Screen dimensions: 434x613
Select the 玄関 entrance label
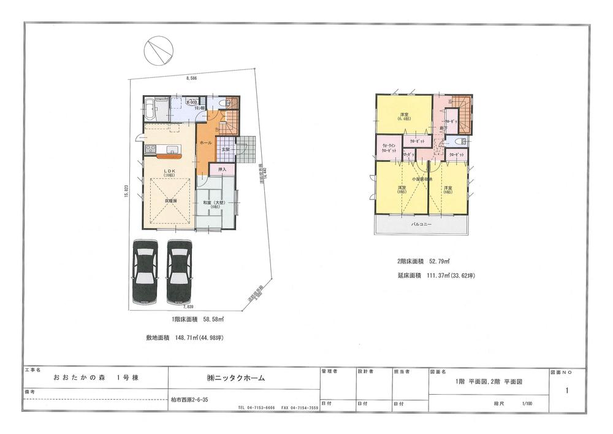[225, 149]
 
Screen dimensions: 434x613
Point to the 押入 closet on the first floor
[223, 169]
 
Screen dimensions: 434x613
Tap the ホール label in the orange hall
[205, 142]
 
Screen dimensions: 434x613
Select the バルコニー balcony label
[421, 225]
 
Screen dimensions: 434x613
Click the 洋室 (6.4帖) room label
[405, 117]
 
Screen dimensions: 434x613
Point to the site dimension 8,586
[191, 79]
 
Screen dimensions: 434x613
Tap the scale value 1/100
[527, 403]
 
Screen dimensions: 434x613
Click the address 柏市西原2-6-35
[190, 400]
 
